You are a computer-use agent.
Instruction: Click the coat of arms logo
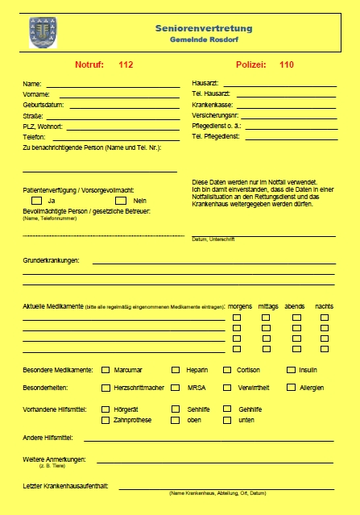click(38, 32)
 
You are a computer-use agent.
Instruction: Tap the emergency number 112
click(126, 64)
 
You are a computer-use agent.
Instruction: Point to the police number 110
click(287, 64)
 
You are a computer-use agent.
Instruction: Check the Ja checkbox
click(36, 200)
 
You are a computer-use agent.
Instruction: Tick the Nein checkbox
click(121, 200)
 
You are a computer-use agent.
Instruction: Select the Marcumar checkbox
click(106, 370)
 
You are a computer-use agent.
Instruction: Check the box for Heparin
click(176, 370)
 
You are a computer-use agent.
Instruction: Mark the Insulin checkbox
click(291, 370)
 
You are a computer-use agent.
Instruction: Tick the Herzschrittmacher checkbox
click(106, 388)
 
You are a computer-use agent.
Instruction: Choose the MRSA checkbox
click(176, 388)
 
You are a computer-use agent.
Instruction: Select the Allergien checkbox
click(291, 388)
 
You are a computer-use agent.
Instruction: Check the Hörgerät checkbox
click(106, 409)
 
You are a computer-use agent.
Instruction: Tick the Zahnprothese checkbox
click(106, 420)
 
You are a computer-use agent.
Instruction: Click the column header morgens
click(240, 306)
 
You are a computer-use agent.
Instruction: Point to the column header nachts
click(324, 306)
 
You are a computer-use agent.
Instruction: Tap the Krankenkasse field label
click(212, 105)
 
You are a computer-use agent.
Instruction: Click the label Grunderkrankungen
click(50, 260)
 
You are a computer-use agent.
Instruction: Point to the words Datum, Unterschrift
click(213, 239)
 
